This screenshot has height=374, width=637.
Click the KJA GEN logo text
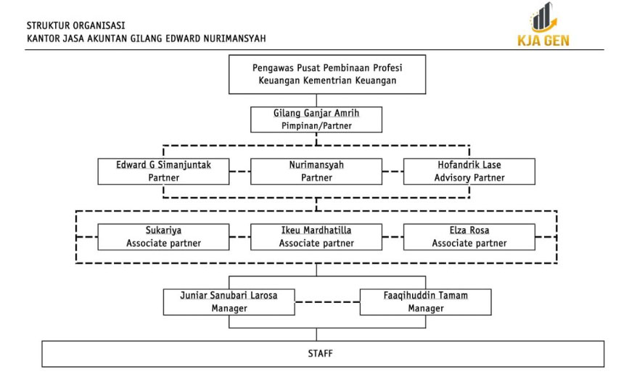(543, 40)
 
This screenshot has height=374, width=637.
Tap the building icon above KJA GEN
(543, 17)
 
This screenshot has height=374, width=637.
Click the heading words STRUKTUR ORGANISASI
(76, 25)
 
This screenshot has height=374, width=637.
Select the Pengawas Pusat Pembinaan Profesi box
(327, 75)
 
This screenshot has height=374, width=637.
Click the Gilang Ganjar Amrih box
(316, 120)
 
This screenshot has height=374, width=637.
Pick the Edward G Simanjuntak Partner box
(163, 172)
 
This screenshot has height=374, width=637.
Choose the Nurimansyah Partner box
(316, 172)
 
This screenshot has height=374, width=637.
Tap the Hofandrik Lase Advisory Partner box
(469, 172)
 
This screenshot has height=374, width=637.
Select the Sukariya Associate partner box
(163, 237)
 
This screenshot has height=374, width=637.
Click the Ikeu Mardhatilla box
(316, 237)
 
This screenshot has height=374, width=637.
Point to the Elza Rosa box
(469, 237)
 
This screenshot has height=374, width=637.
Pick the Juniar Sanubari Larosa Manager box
(229, 302)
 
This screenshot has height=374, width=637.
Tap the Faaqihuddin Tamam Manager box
(425, 302)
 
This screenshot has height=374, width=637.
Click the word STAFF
(320, 354)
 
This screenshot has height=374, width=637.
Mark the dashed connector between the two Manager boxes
(327, 302)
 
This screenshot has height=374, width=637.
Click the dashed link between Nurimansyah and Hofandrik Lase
(393, 172)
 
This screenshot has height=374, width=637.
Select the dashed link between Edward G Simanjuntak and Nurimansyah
(239, 172)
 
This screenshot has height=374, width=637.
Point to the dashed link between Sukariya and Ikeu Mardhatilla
(239, 237)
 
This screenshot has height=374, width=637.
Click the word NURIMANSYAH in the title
(234, 38)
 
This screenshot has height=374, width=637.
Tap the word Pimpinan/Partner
(316, 125)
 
